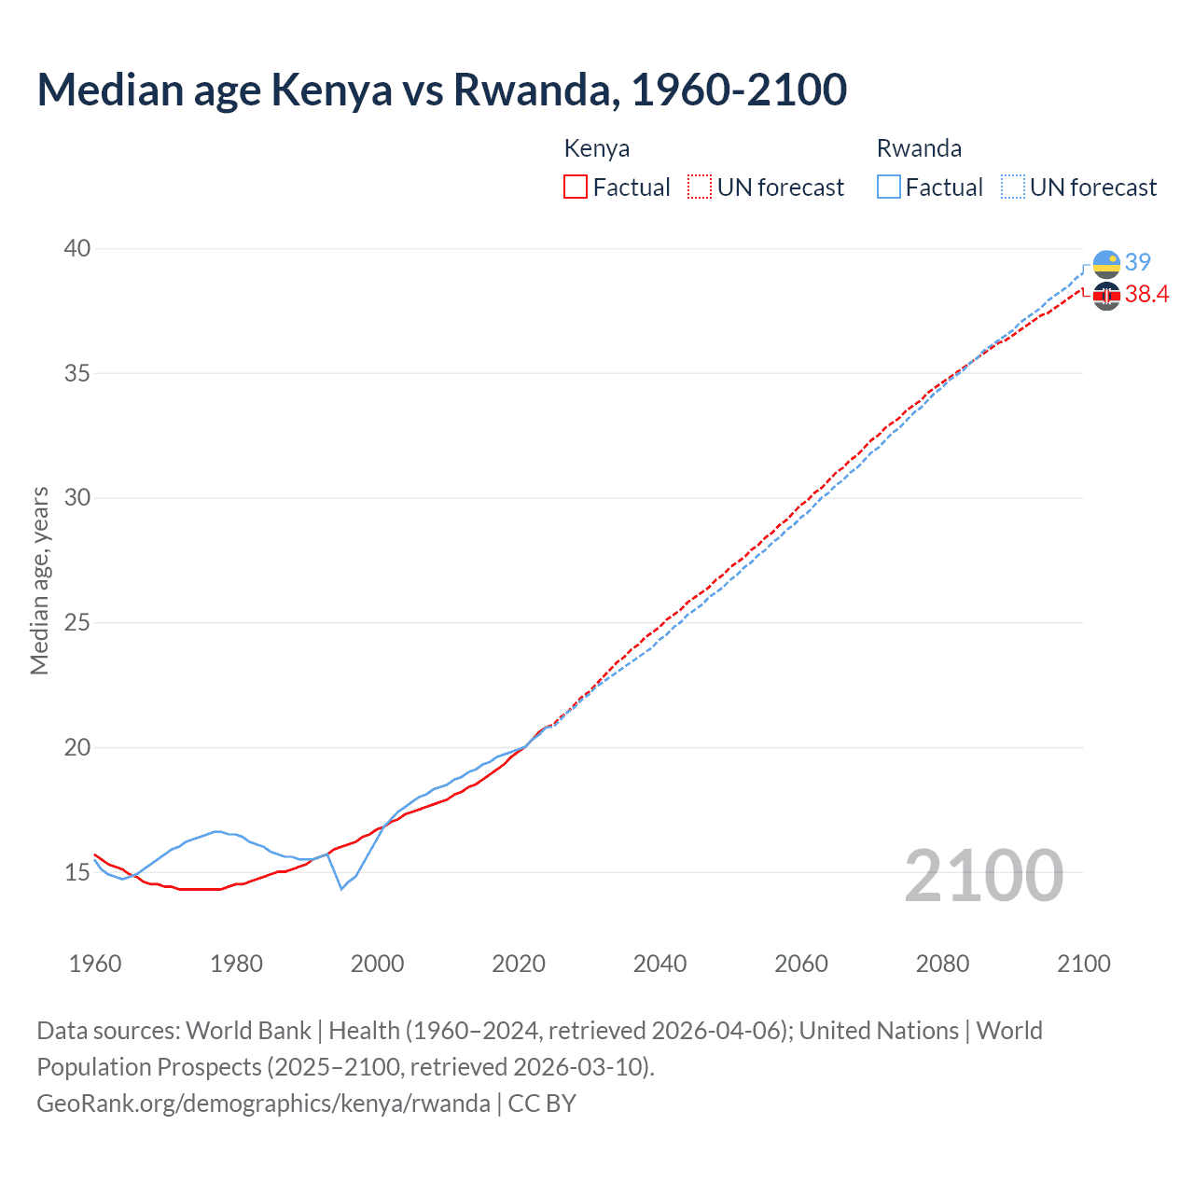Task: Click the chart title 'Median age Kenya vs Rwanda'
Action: (x=441, y=90)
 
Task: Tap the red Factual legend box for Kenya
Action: (x=576, y=187)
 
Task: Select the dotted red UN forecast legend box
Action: (x=700, y=187)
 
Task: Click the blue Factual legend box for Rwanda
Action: (x=889, y=187)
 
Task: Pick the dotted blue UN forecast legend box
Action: (x=1013, y=187)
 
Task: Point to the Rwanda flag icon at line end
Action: (x=1106, y=264)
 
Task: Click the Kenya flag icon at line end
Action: (x=1106, y=297)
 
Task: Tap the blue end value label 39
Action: (x=1138, y=262)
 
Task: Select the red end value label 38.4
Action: (x=1146, y=295)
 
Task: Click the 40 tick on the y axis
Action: (x=77, y=248)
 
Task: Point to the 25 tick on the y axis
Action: (x=77, y=622)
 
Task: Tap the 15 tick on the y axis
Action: (x=77, y=872)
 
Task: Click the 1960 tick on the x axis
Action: (x=95, y=964)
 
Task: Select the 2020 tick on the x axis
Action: (x=519, y=964)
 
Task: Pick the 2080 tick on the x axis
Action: (x=942, y=964)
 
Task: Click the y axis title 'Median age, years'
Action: (x=39, y=580)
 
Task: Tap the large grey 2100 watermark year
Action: (x=983, y=875)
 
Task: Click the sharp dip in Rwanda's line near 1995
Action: (x=341, y=888)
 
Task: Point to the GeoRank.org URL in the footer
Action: (x=263, y=1104)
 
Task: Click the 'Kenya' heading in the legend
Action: (x=597, y=148)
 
